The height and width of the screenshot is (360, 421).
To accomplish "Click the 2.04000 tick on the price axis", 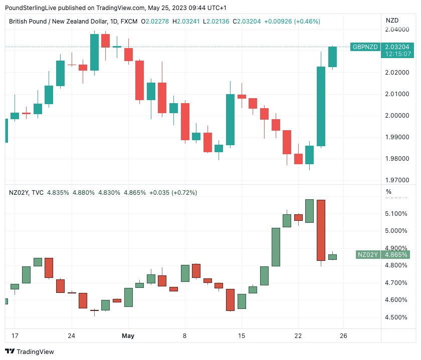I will (397, 30).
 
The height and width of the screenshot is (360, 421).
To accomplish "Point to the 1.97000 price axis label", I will (397, 180).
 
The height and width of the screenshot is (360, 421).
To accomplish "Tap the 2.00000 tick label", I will (397, 116).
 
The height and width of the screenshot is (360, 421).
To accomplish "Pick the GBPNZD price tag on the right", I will (365, 47).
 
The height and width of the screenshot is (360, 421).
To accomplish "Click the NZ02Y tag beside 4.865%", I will (367, 255).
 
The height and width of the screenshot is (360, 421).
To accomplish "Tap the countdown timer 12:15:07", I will (396, 54).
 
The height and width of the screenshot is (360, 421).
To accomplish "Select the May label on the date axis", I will (128, 335).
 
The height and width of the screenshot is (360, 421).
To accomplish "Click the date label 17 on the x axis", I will (15, 335).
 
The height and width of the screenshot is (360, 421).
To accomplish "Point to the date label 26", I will (344, 335).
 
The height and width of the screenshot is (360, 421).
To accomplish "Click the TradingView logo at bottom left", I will (30, 351).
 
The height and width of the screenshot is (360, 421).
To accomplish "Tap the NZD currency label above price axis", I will (392, 21).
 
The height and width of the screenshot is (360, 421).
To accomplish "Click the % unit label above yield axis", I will (388, 192).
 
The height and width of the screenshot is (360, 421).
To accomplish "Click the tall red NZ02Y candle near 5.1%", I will (321, 230).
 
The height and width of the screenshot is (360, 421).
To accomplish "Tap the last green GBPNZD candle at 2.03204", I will (332, 57).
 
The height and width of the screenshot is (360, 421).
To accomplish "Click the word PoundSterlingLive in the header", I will (32, 8).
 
